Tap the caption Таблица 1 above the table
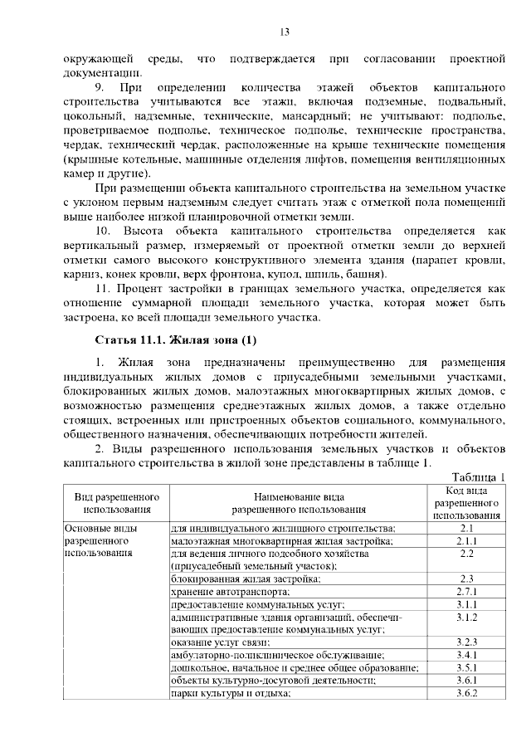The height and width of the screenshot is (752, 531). pos(479,476)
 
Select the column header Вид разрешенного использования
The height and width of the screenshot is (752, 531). pos(117,502)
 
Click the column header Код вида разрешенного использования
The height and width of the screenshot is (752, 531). pos(465,503)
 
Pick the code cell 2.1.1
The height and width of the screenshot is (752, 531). pos(465,540)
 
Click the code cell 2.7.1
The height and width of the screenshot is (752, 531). pos(465,591)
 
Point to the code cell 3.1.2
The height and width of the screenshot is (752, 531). pos(465,617)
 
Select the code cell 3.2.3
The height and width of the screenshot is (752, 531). pos(465,642)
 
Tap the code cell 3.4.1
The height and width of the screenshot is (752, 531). pos(465,655)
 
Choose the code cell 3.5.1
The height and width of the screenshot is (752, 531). pos(465,667)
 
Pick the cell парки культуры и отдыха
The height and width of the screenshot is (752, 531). pos(230,693)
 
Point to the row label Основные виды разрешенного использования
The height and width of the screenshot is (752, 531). pos(104,540)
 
